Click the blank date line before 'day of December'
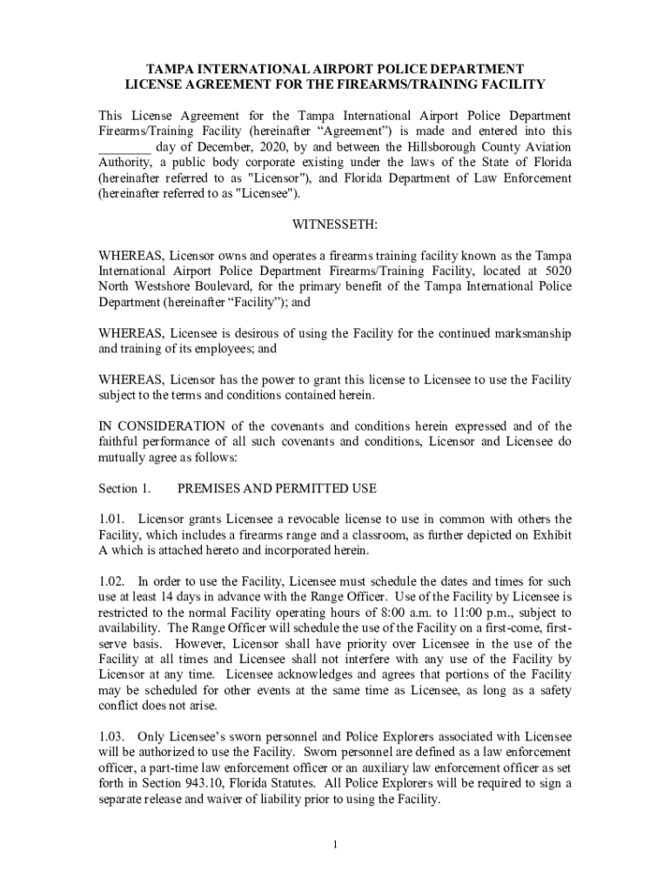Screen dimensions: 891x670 point(125,146)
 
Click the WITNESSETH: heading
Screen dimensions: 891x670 point(335,224)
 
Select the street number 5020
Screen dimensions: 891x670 point(557,271)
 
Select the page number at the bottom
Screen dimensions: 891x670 point(335,844)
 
